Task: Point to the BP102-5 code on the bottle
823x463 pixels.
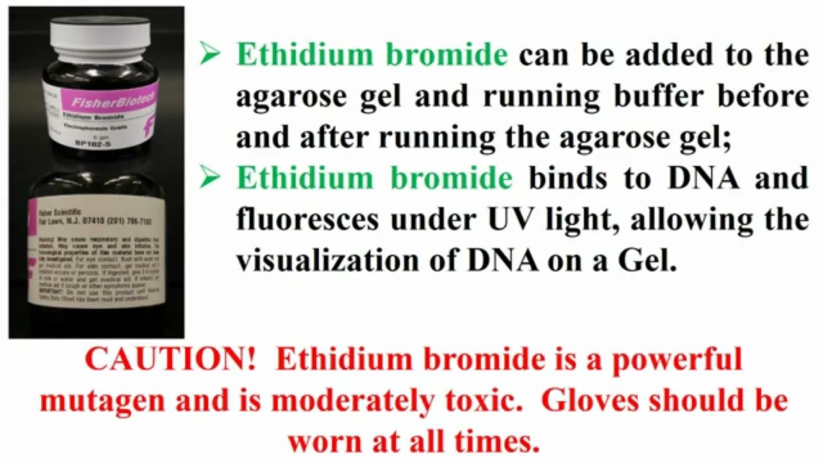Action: [x=95, y=143]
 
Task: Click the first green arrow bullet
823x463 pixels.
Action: [x=210, y=54]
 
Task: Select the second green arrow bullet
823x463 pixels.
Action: [x=210, y=177]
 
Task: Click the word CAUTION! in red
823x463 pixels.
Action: [x=170, y=359]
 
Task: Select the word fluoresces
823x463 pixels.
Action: [x=307, y=220]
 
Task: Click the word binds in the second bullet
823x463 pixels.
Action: [x=568, y=178]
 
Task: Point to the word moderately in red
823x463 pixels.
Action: [x=352, y=401]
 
